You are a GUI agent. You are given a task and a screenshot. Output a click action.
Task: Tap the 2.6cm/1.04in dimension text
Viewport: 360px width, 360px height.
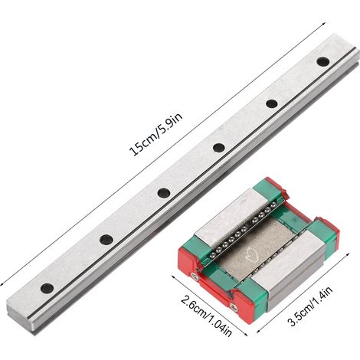pyautogui.click(x=206, y=316)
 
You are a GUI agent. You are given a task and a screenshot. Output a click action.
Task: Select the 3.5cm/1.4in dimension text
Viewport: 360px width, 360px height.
pyautogui.click(x=310, y=306)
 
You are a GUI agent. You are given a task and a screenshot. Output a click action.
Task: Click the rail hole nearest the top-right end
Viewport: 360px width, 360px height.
pyautogui.click(x=322, y=61)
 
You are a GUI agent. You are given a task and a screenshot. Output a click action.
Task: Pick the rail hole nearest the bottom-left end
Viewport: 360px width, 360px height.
pyautogui.click(x=47, y=288)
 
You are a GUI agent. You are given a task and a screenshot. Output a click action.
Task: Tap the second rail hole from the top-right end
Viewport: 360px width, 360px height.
pyautogui.click(x=272, y=103)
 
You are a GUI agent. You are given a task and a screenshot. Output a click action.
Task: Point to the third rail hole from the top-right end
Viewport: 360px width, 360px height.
pyautogui.click(x=219, y=147)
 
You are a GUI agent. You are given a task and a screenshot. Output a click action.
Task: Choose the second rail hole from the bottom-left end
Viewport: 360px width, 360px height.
pyautogui.click(x=106, y=240)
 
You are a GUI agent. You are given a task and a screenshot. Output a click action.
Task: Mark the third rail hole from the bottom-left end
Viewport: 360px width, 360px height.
pyautogui.click(x=164, y=192)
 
